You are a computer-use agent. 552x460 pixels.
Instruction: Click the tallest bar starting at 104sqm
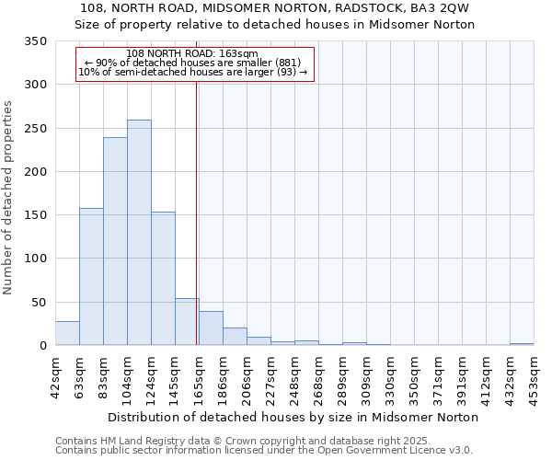tap(139, 233)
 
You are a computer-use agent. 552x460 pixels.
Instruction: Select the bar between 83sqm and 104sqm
tap(115, 241)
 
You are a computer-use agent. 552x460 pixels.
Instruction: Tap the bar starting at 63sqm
tap(91, 277)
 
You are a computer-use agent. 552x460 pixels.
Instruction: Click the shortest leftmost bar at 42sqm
tap(67, 333)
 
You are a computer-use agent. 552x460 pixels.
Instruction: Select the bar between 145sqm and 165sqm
tap(187, 322)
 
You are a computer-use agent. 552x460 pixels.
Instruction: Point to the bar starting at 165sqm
tap(211, 328)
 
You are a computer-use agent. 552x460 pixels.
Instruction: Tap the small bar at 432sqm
tap(522, 344)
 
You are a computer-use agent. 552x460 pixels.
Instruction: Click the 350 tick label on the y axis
tap(35, 41)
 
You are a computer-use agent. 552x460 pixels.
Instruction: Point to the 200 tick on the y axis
tap(35, 172)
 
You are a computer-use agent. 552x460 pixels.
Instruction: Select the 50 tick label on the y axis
tap(39, 303)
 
